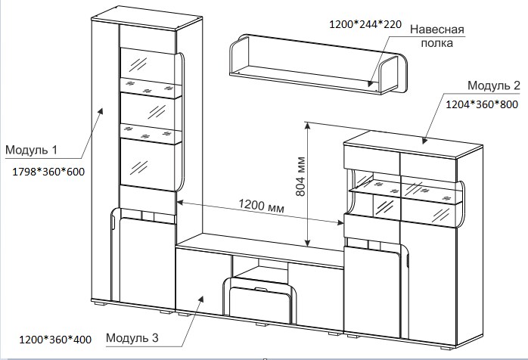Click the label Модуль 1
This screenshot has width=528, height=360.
click(31, 150)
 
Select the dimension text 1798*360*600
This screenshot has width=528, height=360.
click(48, 172)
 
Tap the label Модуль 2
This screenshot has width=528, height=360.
click(494, 85)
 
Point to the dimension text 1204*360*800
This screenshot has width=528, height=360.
click(482, 104)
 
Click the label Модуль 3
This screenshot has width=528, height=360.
click(132, 337)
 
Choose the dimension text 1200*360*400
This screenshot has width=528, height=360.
click(55, 340)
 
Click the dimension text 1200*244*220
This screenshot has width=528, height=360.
click(365, 24)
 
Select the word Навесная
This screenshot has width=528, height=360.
click(437, 29)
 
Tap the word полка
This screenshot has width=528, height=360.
click(437, 43)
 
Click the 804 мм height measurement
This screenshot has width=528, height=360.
click(300, 176)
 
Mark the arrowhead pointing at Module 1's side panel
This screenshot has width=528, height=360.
click(101, 112)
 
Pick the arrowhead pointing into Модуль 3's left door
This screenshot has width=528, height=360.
click(201, 299)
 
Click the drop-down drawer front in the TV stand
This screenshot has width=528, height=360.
click(260, 305)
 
